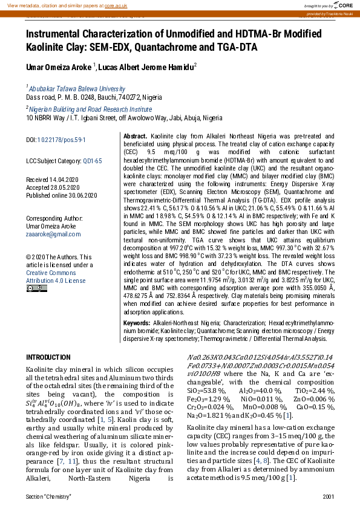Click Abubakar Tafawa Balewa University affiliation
tap(76, 88)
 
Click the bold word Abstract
tap(135, 137)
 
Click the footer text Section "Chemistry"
tap(48, 496)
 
